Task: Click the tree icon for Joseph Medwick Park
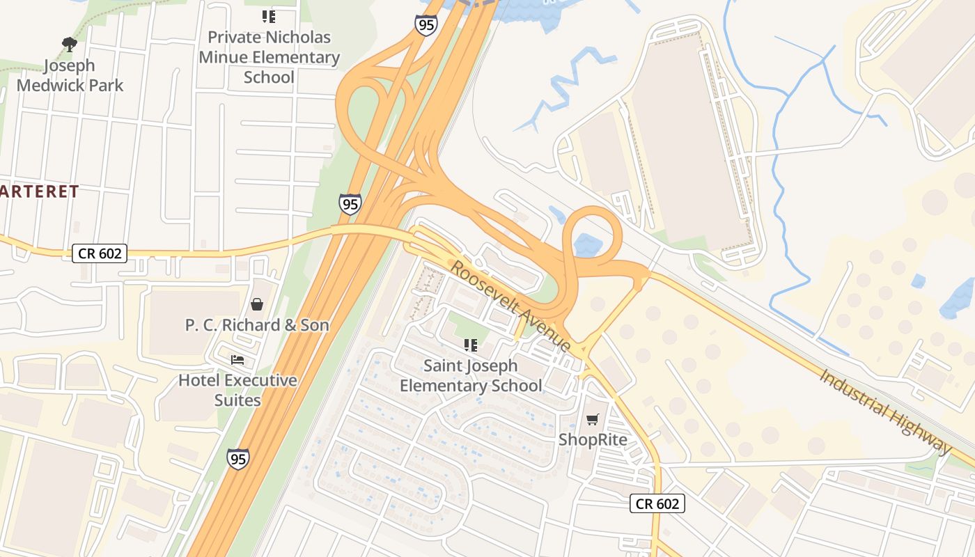pyautogui.click(x=69, y=45)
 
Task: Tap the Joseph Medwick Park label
pyautogui.click(x=70, y=76)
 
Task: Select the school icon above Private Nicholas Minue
pyautogui.click(x=269, y=17)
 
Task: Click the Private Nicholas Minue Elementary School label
pyautogui.click(x=270, y=57)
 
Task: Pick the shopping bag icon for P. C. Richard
pyautogui.click(x=257, y=304)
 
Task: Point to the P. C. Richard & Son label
pyautogui.click(x=257, y=325)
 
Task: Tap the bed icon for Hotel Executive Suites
pyautogui.click(x=237, y=360)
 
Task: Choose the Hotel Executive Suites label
pyautogui.click(x=237, y=391)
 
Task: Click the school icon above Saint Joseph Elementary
pyautogui.click(x=471, y=345)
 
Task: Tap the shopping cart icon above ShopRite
pyautogui.click(x=593, y=419)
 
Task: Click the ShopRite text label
pyautogui.click(x=593, y=440)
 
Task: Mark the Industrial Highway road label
pyautogui.click(x=884, y=411)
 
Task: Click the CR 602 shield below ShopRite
pyautogui.click(x=657, y=503)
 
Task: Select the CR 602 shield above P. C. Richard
pyautogui.click(x=100, y=253)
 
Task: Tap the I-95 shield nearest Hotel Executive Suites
pyautogui.click(x=237, y=459)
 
